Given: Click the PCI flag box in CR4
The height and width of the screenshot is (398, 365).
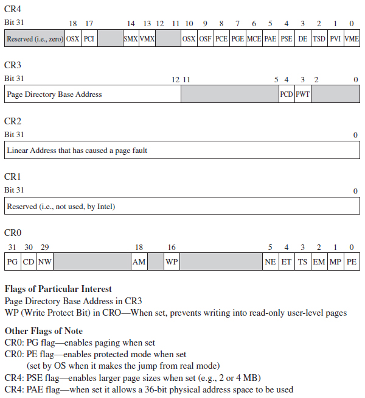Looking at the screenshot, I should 89,38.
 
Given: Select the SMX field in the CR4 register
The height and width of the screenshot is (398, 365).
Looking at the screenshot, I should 130,38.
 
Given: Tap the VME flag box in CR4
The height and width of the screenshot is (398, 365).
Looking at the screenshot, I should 352,38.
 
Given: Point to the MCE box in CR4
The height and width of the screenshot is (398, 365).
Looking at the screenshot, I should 254,38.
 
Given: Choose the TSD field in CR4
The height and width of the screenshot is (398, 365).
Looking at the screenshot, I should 319,38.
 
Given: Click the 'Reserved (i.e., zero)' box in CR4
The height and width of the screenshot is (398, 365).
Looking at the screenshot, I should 35,38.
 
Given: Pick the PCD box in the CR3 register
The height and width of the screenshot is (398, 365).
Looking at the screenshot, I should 287,94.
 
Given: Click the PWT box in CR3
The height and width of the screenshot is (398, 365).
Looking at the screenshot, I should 303,94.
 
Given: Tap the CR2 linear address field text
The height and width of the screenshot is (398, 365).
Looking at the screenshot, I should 77,150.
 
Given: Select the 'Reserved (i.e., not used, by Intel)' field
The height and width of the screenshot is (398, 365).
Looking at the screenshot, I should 61,207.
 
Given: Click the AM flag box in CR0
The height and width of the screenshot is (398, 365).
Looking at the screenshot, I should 139,262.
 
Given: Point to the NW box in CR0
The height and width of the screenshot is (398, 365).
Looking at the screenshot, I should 44,262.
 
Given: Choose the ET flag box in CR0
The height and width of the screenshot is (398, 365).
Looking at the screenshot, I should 287,262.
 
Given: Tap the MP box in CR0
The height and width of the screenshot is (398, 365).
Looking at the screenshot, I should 335,262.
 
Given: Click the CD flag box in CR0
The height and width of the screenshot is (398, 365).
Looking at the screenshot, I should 29,262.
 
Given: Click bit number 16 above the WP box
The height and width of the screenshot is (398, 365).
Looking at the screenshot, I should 172,247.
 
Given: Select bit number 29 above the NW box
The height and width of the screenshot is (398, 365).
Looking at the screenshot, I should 44,247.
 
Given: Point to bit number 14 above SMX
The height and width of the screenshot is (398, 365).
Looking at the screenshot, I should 131,23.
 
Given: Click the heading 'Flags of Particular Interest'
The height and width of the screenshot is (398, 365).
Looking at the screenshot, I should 58,289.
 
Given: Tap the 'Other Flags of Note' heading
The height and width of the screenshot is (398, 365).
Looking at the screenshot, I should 43,331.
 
